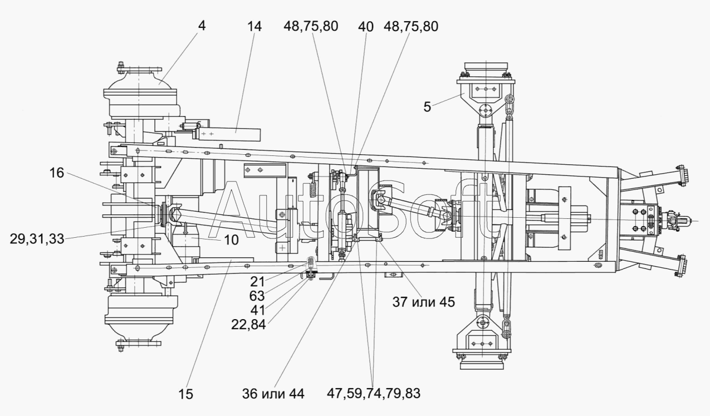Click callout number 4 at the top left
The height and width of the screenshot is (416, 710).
[x=202, y=26]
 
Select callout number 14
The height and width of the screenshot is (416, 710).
[x=254, y=26]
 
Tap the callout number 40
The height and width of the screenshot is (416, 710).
[x=366, y=27]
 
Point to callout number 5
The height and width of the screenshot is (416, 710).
[x=427, y=107]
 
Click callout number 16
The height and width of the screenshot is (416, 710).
[x=56, y=173]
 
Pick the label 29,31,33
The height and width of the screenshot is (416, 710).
[x=37, y=239]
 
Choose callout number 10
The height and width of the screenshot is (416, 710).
[x=232, y=240]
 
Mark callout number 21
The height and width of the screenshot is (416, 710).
[x=257, y=281]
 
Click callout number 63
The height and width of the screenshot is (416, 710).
[x=257, y=296]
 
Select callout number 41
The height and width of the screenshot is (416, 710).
[x=257, y=310]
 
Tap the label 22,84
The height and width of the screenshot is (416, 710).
[x=248, y=324]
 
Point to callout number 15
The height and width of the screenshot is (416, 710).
[x=185, y=394]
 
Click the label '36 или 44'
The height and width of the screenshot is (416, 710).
[x=273, y=394]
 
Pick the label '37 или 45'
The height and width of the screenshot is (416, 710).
[x=423, y=302]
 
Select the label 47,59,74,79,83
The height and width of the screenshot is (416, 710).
[x=374, y=393]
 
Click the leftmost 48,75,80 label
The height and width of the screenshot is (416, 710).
[x=311, y=26]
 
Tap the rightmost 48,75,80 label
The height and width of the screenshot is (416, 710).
[x=411, y=26]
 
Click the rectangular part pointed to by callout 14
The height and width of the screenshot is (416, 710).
[x=228, y=134]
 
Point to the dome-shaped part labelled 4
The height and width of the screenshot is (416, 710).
[x=140, y=81]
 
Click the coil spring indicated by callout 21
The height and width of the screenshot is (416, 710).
[x=311, y=262]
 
